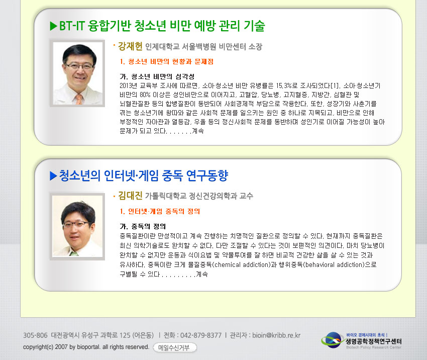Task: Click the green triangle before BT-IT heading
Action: point(53,26)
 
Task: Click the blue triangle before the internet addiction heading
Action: point(53,176)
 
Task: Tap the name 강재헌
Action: point(130,46)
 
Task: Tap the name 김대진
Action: point(130,196)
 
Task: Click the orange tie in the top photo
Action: point(79,99)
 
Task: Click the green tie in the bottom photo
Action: point(73,253)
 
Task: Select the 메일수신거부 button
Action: point(175,347)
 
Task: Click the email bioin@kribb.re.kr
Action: point(276,335)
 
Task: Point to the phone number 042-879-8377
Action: point(201,335)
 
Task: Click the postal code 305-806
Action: point(35,335)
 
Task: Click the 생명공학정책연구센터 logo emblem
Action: point(332,340)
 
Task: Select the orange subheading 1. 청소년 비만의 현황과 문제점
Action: point(167,61)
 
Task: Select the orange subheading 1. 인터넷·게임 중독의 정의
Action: point(160,211)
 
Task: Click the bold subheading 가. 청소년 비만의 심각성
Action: point(157,76)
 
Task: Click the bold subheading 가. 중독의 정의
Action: point(143,226)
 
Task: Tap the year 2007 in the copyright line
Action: point(61,347)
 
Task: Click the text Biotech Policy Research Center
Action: point(374,347)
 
